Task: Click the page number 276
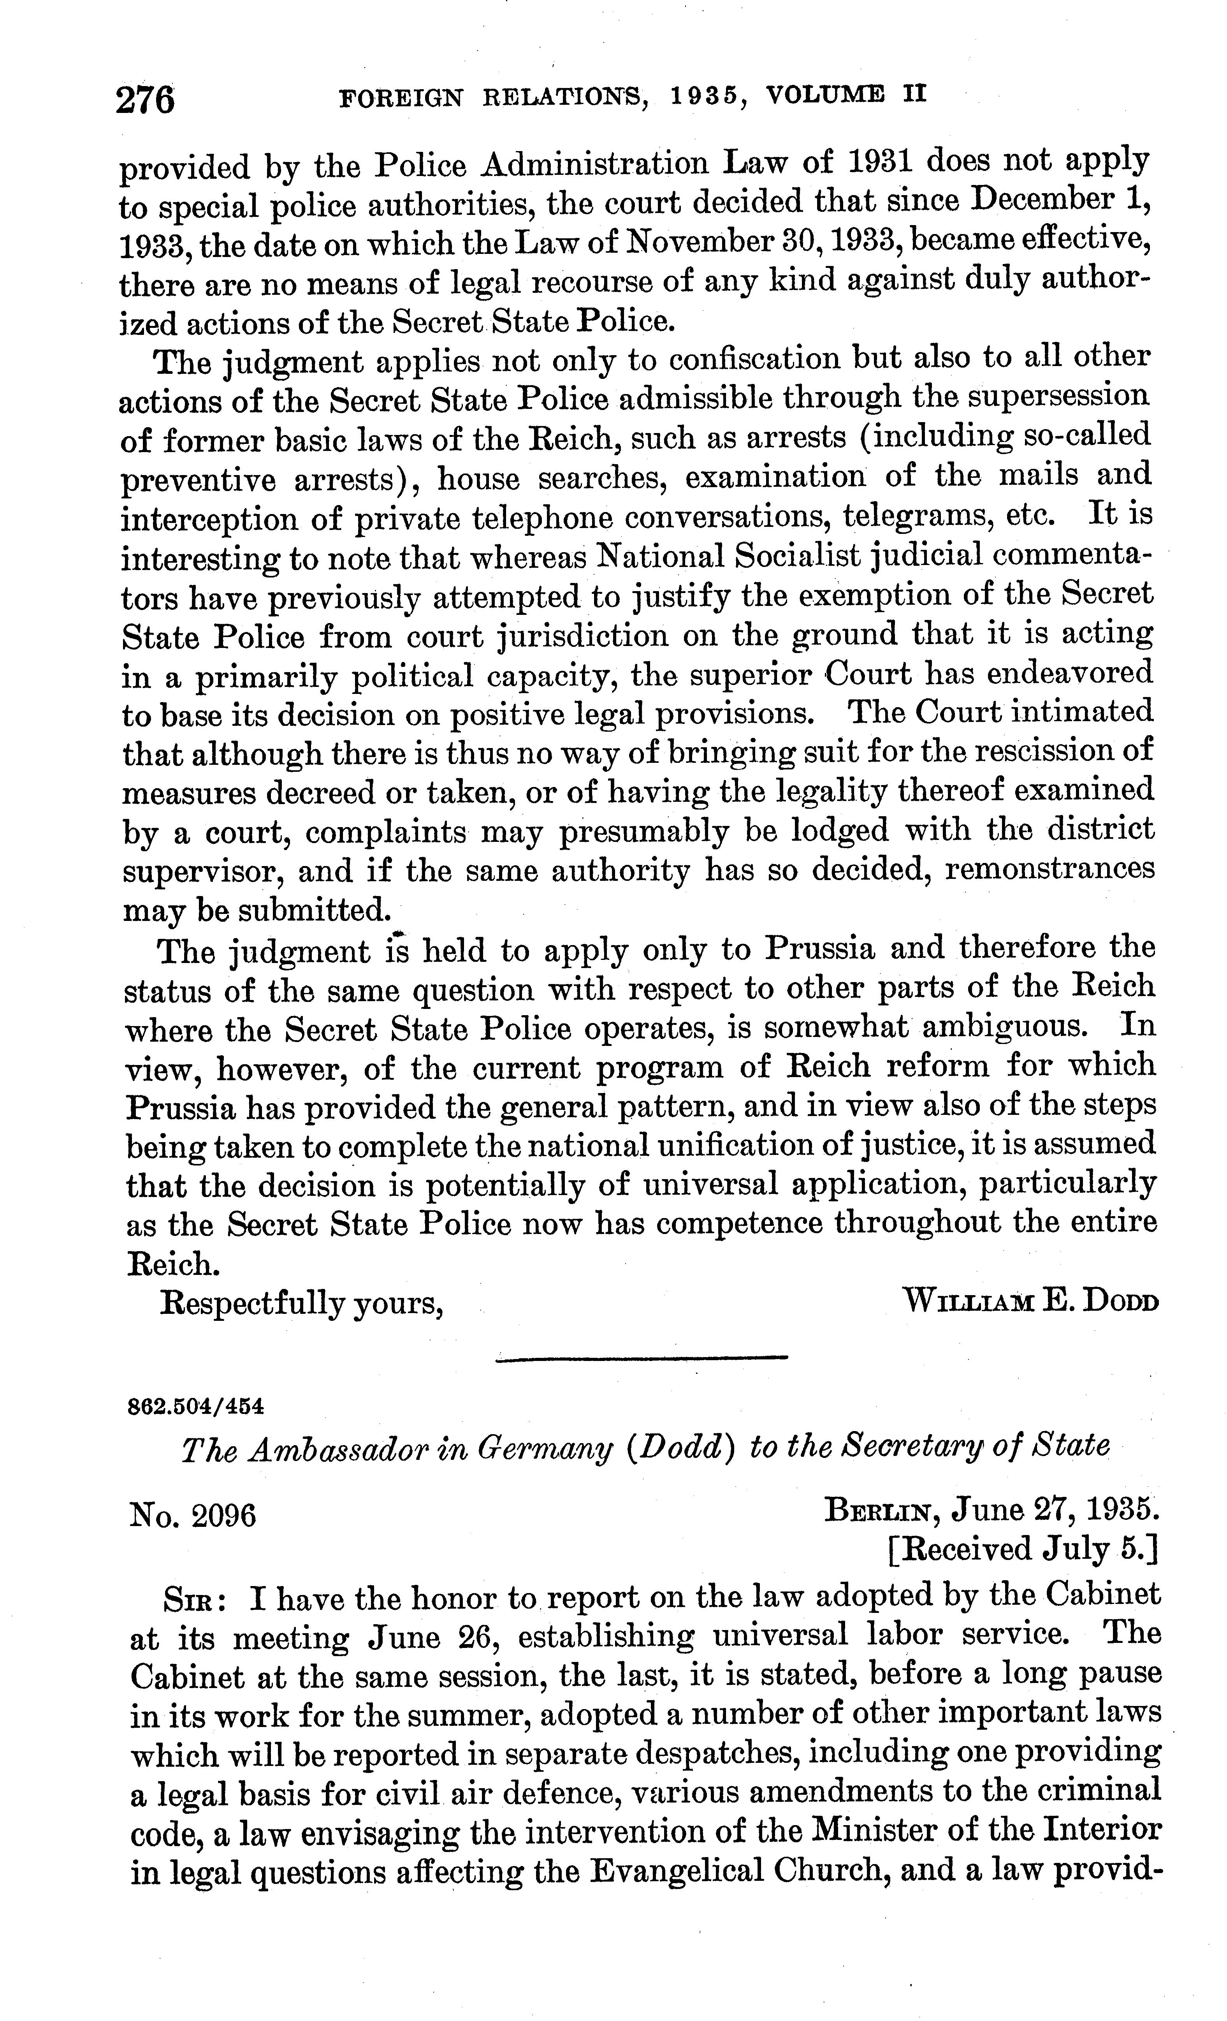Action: pos(146,100)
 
